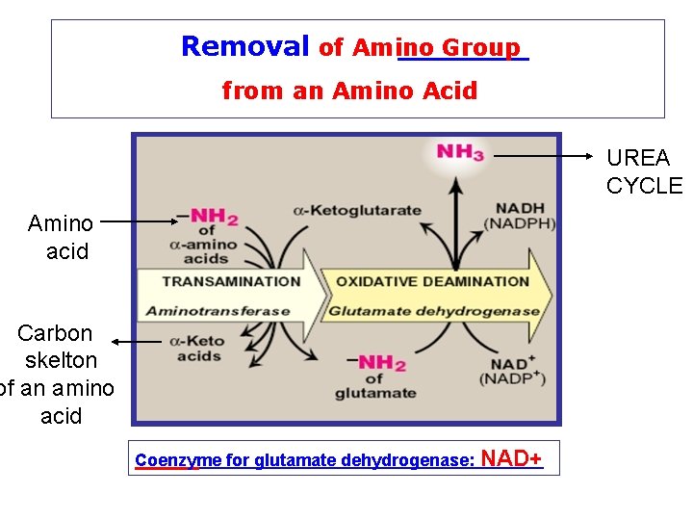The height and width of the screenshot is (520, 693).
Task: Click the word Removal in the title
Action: tap(244, 46)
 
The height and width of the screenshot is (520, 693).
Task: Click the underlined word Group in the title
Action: tap(482, 47)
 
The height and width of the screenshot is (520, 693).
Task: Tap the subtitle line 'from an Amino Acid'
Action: tap(349, 91)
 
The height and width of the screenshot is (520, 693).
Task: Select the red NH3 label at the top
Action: tap(459, 151)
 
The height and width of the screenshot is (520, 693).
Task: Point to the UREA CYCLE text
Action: tap(642, 171)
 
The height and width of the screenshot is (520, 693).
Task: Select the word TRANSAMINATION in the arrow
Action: tap(231, 281)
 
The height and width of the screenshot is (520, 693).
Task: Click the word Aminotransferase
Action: tap(218, 311)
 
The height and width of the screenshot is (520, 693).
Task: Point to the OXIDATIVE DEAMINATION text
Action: tap(431, 281)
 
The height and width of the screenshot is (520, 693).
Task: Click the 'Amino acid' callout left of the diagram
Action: tap(62, 237)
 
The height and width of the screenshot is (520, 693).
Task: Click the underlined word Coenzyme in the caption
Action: tap(167, 460)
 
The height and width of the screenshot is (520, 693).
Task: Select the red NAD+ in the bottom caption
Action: tap(510, 457)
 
